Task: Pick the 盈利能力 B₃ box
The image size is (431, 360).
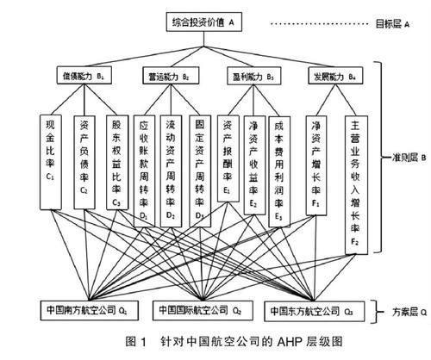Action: click(x=253, y=76)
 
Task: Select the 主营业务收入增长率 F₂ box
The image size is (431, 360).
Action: click(x=354, y=181)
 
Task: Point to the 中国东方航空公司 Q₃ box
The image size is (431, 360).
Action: click(x=311, y=308)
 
